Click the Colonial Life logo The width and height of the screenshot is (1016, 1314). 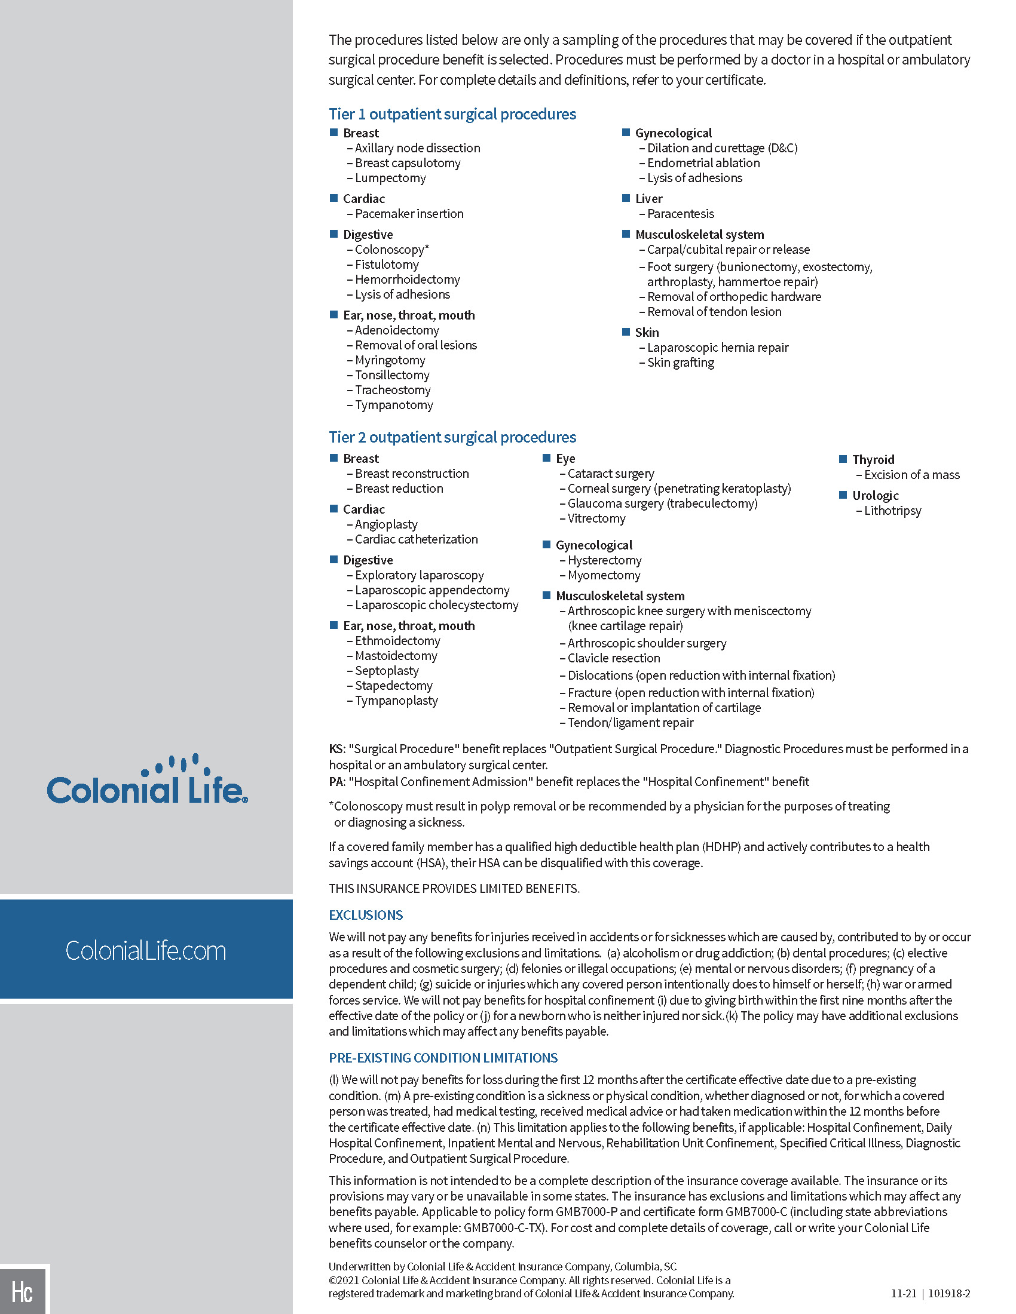tap(147, 781)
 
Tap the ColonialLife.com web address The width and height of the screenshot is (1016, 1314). tap(146, 951)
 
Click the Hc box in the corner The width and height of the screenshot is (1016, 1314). tap(23, 1291)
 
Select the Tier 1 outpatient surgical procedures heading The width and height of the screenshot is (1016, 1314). tap(452, 114)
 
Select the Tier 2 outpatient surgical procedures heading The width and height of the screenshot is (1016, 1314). tap(452, 437)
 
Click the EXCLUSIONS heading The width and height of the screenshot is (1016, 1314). tap(365, 915)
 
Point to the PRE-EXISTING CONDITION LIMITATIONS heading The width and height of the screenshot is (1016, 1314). tap(443, 1058)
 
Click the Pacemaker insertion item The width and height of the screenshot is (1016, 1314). tap(409, 214)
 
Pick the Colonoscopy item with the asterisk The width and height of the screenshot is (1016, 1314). tap(391, 250)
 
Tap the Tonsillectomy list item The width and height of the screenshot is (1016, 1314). tap(392, 375)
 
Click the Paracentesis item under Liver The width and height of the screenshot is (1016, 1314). tap(680, 214)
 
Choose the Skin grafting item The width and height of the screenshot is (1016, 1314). tap(680, 363)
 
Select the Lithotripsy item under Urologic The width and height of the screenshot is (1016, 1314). tap(892, 511)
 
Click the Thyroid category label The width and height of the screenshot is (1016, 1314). tap(873, 460)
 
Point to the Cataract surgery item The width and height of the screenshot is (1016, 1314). tap(610, 474)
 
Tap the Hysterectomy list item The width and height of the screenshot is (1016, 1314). tap(604, 560)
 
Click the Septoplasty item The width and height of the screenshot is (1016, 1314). tap(387, 671)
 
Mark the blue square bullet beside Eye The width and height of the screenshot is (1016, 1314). tap(546, 459)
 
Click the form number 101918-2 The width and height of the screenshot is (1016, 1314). tap(949, 1294)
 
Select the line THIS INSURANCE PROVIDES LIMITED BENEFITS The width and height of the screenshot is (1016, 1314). tap(454, 889)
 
